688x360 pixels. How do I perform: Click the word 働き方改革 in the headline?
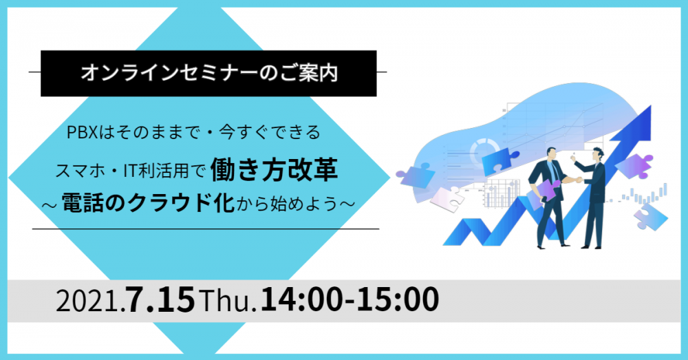[274, 170]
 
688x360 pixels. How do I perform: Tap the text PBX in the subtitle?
[82, 132]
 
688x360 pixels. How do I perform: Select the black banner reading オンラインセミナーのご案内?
[208, 74]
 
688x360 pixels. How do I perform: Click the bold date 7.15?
[160, 300]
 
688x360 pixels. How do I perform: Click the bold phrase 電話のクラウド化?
[148, 203]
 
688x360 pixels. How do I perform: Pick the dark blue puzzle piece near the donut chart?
[498, 160]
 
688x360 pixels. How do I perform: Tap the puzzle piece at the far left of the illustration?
[413, 175]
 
